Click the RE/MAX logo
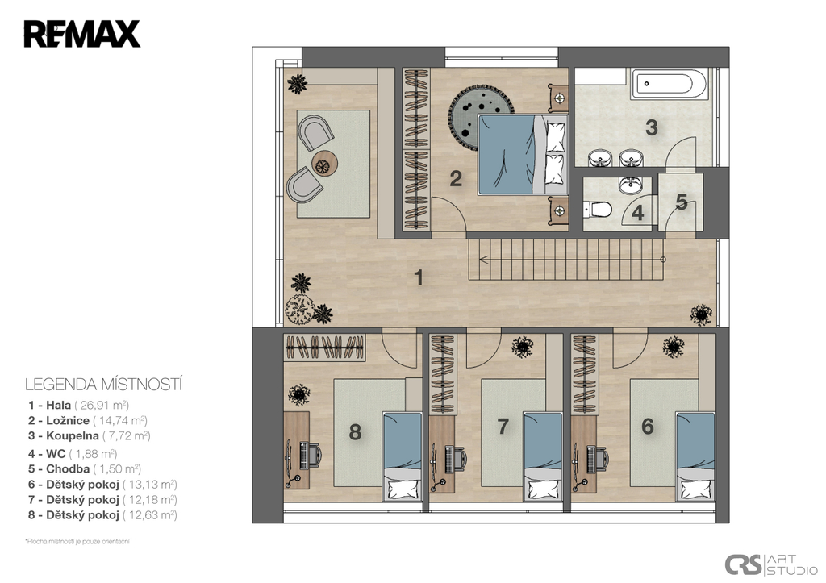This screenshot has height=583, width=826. click(81, 34)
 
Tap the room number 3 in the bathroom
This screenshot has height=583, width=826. click(652, 128)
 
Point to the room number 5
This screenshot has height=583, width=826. click(682, 202)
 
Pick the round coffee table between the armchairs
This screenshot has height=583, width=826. click(324, 163)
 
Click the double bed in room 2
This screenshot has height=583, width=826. click(523, 154)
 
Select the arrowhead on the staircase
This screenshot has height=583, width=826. click(482, 259)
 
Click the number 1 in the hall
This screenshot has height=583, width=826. click(419, 277)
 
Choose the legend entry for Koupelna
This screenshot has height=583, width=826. click(90, 436)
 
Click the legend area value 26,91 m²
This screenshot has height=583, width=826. click(102, 406)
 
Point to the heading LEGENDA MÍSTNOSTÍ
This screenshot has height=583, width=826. click(104, 385)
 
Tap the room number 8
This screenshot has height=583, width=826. click(355, 432)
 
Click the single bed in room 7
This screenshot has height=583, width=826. click(543, 456)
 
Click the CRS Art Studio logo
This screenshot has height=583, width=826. click(772, 564)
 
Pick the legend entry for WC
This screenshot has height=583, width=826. click(73, 454)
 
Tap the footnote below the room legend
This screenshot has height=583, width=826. click(77, 541)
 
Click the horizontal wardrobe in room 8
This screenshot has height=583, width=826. click(325, 348)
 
